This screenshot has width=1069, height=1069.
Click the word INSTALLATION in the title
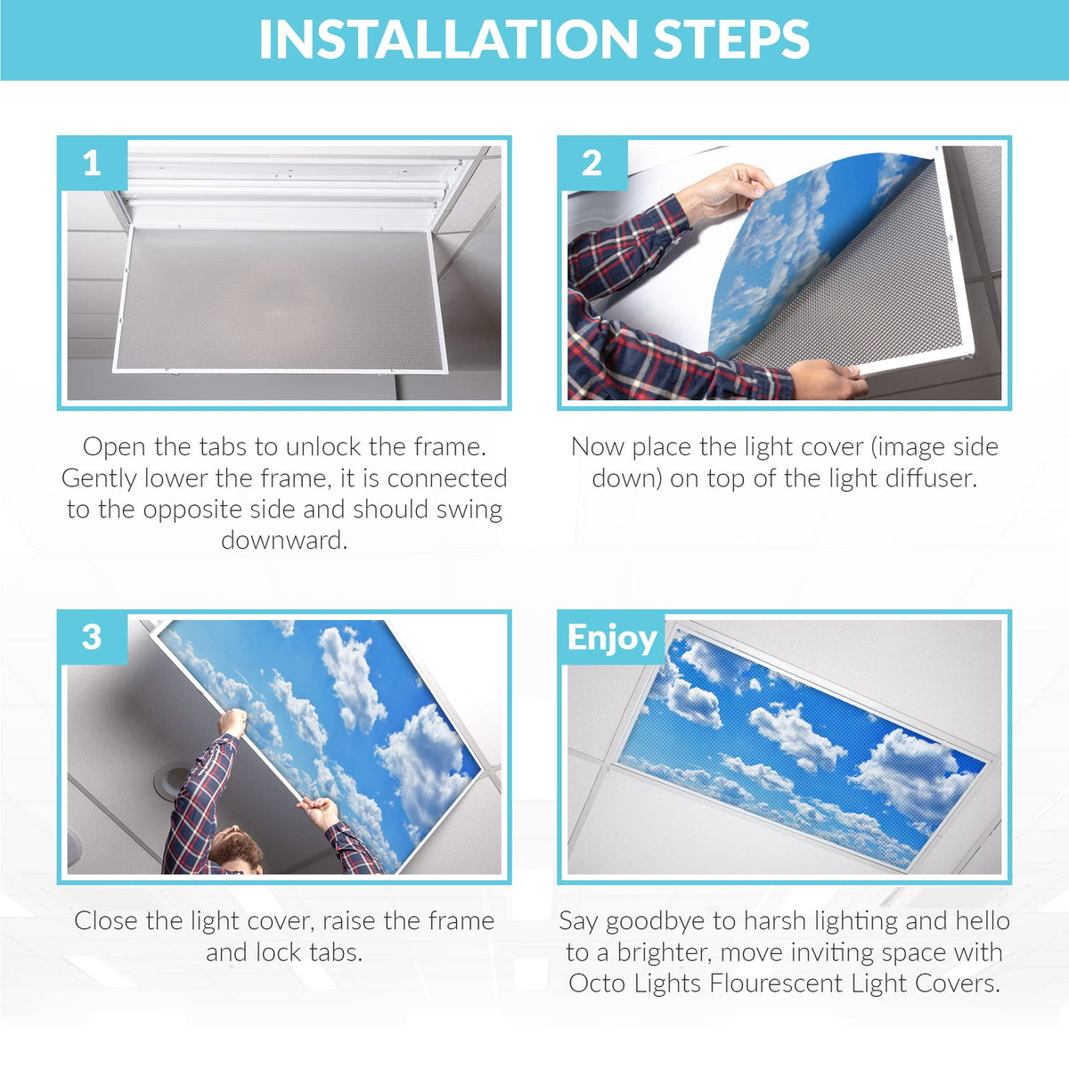(449, 39)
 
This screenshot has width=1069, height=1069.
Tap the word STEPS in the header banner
(731, 39)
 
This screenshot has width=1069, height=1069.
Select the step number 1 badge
(92, 164)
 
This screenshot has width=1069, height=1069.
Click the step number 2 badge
(592, 164)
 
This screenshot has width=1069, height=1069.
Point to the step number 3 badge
(92, 638)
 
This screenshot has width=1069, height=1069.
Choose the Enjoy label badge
(612, 638)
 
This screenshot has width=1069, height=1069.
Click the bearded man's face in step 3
(236, 848)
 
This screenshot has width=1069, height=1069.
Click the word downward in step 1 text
(284, 541)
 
